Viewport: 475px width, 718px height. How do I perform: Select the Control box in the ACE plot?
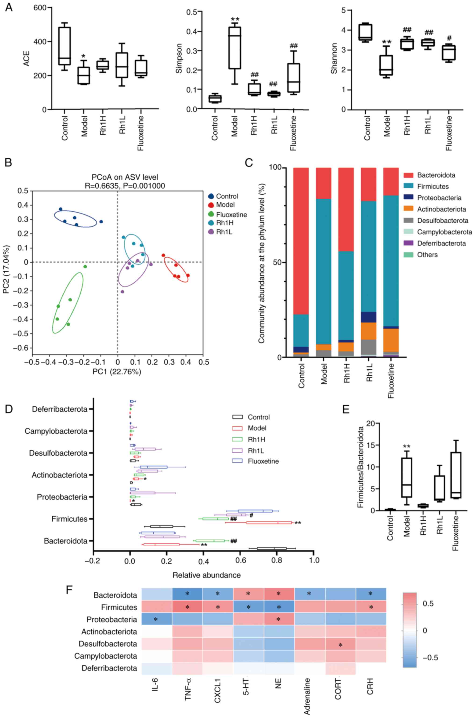(x=65, y=46)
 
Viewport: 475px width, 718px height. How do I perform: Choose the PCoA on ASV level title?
(x=125, y=177)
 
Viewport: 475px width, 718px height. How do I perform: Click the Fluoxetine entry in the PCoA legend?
(x=231, y=215)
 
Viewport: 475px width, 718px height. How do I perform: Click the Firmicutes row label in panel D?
(x=69, y=519)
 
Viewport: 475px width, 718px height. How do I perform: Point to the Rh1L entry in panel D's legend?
(x=256, y=450)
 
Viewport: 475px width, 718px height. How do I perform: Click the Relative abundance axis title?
(x=207, y=575)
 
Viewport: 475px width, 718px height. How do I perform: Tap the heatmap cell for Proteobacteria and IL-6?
(x=157, y=619)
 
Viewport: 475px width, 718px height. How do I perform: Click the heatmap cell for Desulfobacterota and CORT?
(x=340, y=644)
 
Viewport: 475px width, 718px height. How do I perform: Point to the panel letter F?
(x=70, y=590)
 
